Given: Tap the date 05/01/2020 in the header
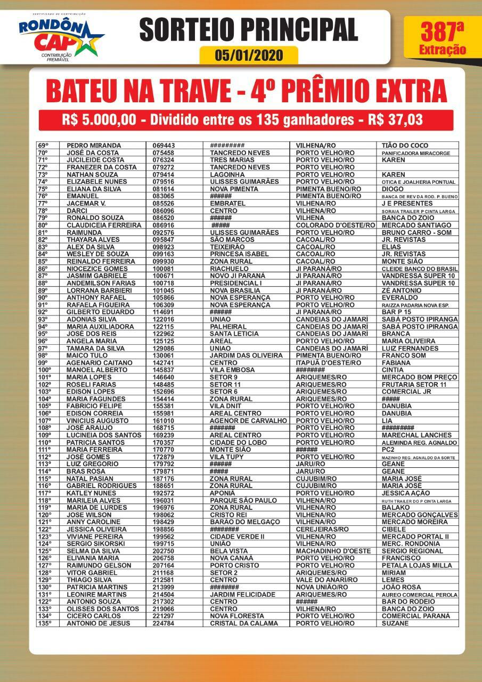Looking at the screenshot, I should [x=249, y=55].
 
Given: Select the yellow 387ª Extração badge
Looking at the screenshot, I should [x=442, y=37].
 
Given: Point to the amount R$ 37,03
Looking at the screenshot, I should [x=395, y=120].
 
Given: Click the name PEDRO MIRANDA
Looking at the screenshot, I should [x=94, y=145].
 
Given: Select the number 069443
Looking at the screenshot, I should [x=164, y=145].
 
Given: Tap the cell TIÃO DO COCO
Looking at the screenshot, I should [x=405, y=145].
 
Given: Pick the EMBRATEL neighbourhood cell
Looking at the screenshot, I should [x=228, y=204].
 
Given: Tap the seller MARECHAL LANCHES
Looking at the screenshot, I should [x=416, y=435].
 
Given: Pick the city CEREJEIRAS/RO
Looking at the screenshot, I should [x=322, y=529].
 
